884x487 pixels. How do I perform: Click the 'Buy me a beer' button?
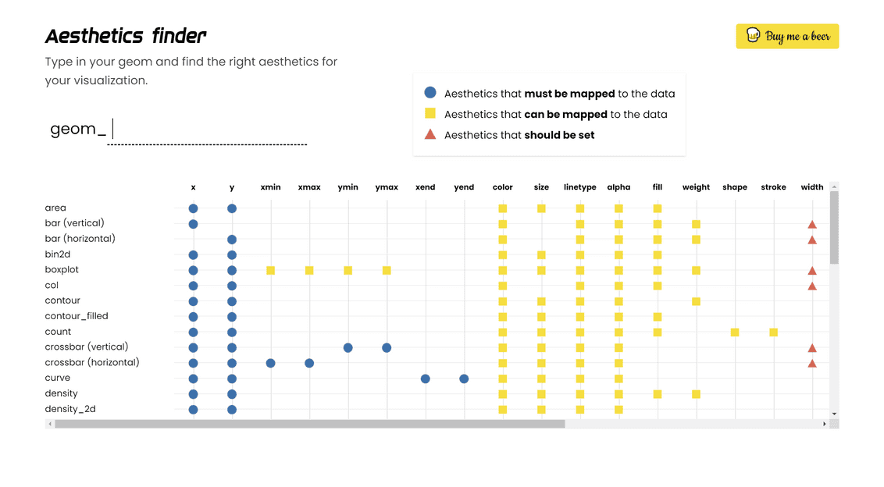point(787,36)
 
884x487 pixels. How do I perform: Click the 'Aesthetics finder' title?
point(126,36)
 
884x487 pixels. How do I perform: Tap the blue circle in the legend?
point(430,93)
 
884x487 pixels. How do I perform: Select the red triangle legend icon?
point(430,134)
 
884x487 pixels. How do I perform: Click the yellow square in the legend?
point(430,114)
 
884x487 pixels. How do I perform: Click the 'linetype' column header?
point(579,187)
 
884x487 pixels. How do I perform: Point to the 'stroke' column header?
point(773,187)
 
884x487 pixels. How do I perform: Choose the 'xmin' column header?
point(270,187)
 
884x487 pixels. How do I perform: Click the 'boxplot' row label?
point(62,269)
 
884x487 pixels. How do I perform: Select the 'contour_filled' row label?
point(77,316)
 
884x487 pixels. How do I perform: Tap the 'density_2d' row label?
point(70,409)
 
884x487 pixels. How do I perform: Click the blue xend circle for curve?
point(426,379)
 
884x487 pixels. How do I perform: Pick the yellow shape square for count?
point(735,332)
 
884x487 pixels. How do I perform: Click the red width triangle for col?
point(812,286)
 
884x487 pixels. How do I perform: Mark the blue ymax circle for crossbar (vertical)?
point(387,347)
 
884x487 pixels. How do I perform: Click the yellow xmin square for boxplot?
point(270,270)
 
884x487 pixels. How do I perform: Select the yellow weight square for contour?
point(696,301)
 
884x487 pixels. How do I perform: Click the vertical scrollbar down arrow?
point(834,414)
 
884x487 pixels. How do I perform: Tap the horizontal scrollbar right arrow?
point(825,424)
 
